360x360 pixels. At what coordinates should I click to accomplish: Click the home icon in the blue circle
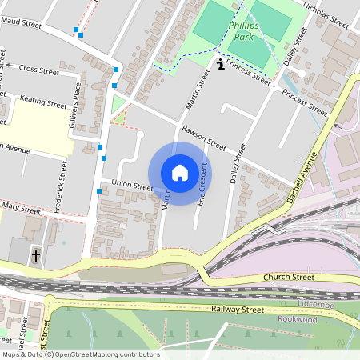coord(180,173)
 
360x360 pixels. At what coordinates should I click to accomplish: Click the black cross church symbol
coord(35,256)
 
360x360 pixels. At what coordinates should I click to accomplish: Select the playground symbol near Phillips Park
coord(220,62)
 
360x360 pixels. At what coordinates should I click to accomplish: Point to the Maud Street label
coord(22,25)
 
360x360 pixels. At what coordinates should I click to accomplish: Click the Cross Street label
coord(38,70)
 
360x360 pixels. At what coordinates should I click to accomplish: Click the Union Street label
coord(132,186)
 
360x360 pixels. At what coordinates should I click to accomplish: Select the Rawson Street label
coord(203,137)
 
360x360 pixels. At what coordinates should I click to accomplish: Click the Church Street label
coord(290,278)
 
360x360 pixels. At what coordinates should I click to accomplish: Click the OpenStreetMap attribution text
coord(80,354)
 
